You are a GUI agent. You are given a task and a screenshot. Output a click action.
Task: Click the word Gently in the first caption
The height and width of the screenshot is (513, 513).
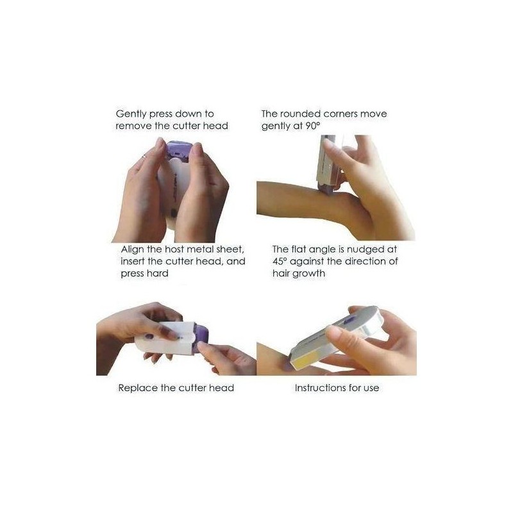[131, 115]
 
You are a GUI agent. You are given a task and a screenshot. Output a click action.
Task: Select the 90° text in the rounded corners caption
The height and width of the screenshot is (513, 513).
[312, 126]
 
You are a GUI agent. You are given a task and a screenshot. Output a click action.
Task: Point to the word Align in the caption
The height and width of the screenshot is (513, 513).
[132, 250]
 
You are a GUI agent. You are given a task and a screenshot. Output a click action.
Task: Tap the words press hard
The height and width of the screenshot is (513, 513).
[144, 274]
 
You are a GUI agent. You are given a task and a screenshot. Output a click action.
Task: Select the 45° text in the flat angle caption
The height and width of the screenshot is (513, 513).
[280, 262]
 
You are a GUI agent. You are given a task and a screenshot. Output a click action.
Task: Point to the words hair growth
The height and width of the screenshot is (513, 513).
[299, 274]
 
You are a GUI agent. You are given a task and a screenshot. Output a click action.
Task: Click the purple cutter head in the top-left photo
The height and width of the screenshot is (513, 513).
[179, 151]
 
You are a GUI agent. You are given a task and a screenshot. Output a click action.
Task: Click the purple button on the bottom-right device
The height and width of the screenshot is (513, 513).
[351, 320]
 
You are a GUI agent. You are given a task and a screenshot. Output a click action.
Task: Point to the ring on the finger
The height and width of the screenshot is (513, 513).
[145, 157]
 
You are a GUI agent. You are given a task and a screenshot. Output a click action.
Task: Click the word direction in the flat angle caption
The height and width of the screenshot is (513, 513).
[365, 262]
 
